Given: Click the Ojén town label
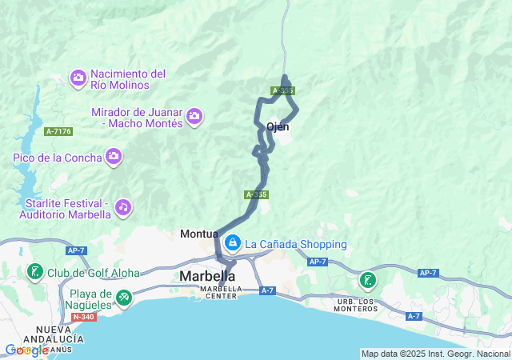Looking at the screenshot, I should tap(277, 126).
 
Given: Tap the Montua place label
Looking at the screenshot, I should tap(199, 234).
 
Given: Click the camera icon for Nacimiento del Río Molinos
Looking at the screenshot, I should tap(79, 78).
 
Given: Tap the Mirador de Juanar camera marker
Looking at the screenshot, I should tap(194, 118).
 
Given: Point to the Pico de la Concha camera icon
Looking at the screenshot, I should tap(114, 157).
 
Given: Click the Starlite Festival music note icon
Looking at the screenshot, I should tap(122, 207).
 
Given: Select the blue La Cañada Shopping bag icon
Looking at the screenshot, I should tap(233, 242).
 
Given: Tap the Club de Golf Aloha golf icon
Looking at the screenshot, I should tap(34, 273).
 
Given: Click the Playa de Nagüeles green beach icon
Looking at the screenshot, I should tap(123, 299).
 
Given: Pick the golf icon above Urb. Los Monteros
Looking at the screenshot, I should tap(367, 280).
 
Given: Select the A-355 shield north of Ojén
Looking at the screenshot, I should tap(282, 91).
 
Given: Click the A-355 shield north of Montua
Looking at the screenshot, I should tap(256, 194).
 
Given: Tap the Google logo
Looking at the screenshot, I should tap(26, 350).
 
